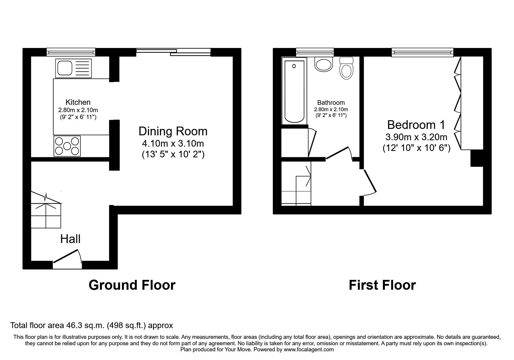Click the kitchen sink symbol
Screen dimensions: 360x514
tap(74, 69)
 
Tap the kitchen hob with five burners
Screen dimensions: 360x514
tap(67, 146)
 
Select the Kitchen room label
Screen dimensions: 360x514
tap(78, 102)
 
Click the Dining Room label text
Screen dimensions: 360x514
tap(173, 131)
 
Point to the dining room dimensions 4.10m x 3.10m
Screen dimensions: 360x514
tap(173, 144)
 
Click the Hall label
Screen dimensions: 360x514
tap(70, 239)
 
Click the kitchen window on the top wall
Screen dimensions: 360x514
tap(71, 52)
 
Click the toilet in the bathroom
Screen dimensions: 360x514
tap(346, 69)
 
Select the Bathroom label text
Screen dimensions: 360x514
tap(331, 102)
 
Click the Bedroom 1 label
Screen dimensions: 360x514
tap(416, 125)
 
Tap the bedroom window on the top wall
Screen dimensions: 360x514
tap(422, 52)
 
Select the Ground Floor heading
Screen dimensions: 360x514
tap(132, 285)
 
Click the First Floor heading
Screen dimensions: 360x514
tap(382, 285)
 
